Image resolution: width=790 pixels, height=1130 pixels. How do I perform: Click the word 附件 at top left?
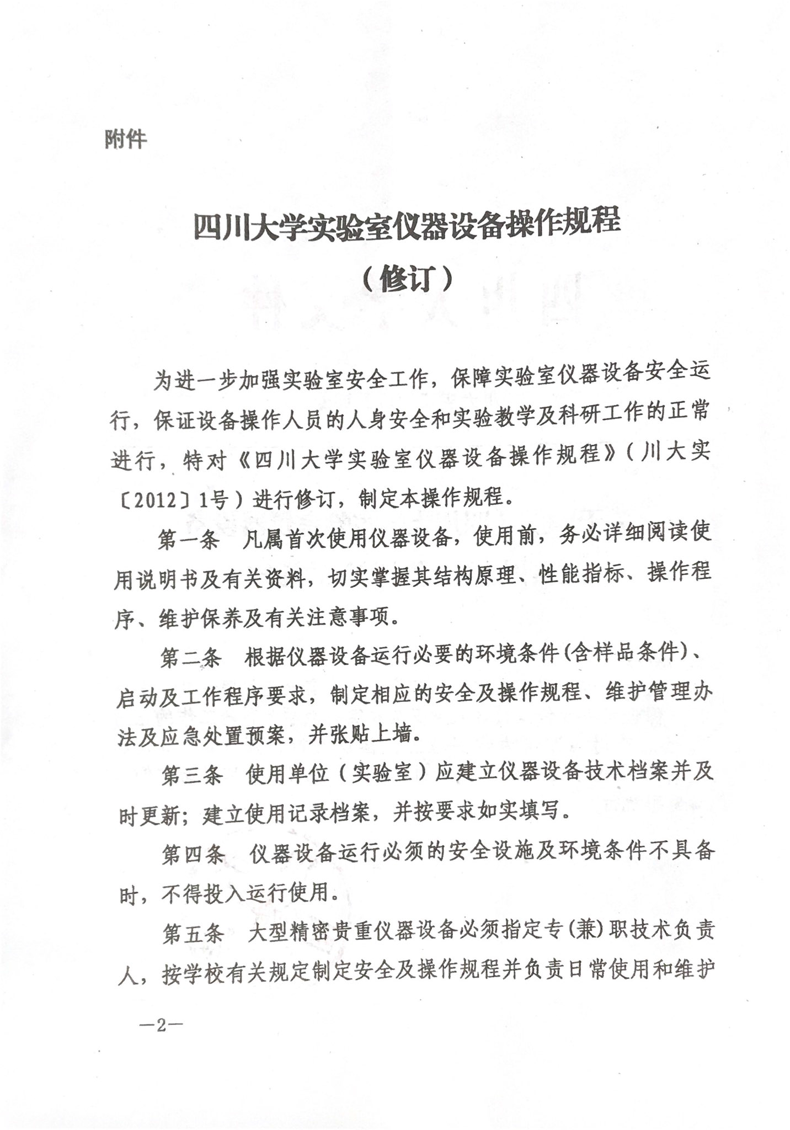126,139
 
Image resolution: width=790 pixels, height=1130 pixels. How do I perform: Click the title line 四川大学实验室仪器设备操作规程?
407,226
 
